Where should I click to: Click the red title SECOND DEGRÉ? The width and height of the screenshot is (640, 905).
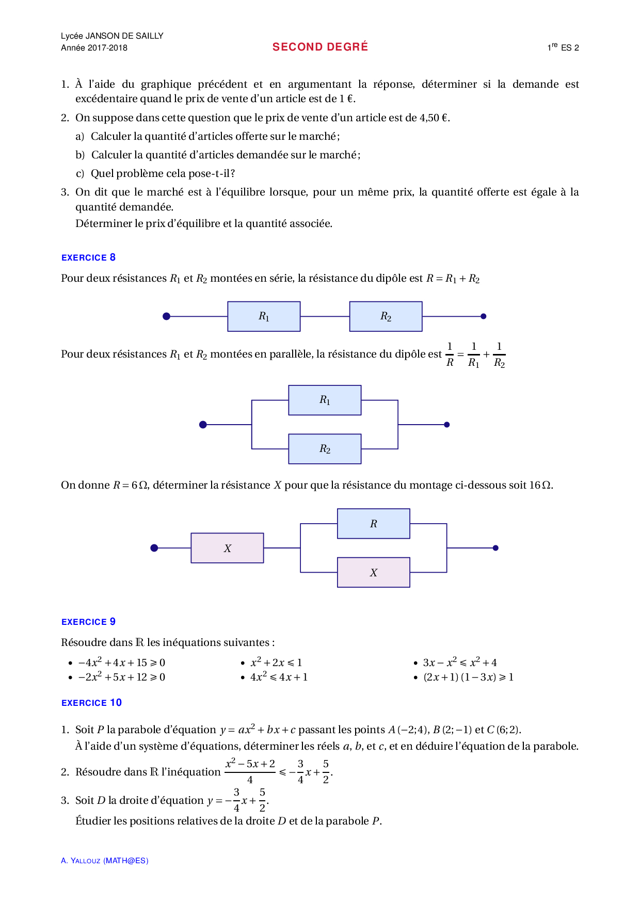pyautogui.click(x=320, y=47)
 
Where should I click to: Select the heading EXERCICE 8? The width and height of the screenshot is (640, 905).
pyautogui.click(x=88, y=257)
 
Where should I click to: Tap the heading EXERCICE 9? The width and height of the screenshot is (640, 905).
pyautogui.click(x=88, y=622)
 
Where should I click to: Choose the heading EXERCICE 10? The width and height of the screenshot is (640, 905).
pyautogui.click(x=91, y=703)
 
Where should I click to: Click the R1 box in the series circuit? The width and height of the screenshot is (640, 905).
pyautogui.click(x=264, y=316)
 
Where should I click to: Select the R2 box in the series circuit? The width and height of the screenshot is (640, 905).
pyautogui.click(x=386, y=316)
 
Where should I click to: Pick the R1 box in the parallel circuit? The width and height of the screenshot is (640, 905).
pyautogui.click(x=325, y=400)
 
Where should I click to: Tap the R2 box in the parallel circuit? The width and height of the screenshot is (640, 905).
pyautogui.click(x=325, y=449)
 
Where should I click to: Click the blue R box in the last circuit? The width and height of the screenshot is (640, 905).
pyautogui.click(x=374, y=524)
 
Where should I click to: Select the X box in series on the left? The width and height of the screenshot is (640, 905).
pyautogui.click(x=227, y=548)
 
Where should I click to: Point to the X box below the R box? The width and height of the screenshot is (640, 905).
pyautogui.click(x=374, y=572)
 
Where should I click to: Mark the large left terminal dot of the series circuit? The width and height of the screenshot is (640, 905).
pyautogui.click(x=166, y=316)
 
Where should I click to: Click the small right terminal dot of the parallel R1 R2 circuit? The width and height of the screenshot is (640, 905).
pyautogui.click(x=447, y=425)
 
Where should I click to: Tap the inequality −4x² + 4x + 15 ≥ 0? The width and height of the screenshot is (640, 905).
pyautogui.click(x=122, y=662)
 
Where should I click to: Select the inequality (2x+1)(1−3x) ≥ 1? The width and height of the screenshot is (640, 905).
pyautogui.click(x=468, y=677)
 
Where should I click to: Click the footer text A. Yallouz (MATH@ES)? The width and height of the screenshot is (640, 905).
pyautogui.click(x=105, y=861)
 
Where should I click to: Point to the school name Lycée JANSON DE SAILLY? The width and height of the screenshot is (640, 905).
pyautogui.click(x=112, y=36)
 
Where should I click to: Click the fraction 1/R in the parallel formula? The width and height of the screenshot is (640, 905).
pyautogui.click(x=450, y=354)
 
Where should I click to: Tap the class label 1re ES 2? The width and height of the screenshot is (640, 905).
pyautogui.click(x=563, y=47)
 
